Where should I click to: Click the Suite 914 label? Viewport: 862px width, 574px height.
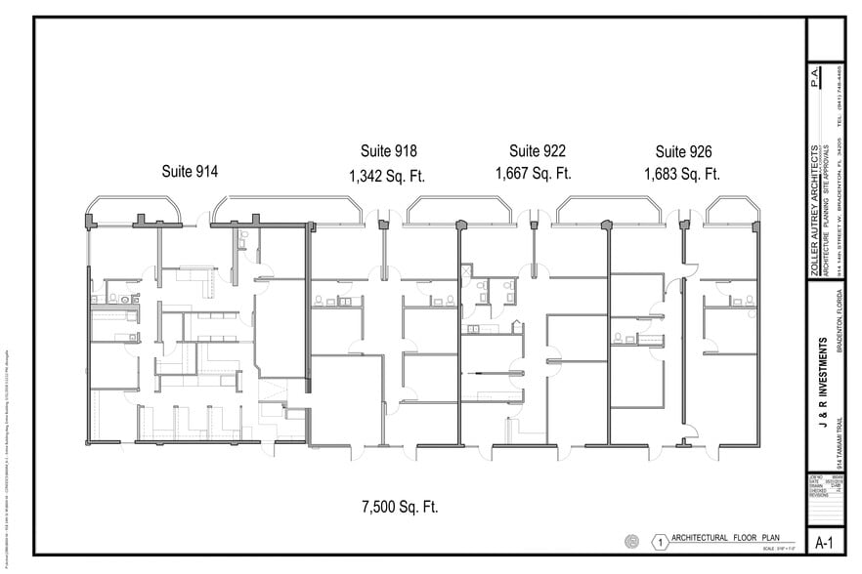point(190,171)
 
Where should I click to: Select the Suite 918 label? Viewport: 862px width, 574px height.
point(388,151)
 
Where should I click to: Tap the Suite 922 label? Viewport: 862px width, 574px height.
point(537,151)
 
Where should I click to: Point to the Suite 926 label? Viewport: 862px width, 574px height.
point(683,151)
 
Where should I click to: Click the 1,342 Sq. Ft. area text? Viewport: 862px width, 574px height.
point(387,177)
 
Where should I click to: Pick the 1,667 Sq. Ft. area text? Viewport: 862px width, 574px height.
point(534,176)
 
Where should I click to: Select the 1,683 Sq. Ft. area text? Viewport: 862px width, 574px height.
point(681,176)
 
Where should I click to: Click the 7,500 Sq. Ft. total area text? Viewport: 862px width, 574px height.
point(400,507)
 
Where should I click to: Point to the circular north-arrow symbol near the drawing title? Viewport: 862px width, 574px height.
point(631,540)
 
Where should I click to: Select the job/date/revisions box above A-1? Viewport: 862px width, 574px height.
point(825,485)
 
